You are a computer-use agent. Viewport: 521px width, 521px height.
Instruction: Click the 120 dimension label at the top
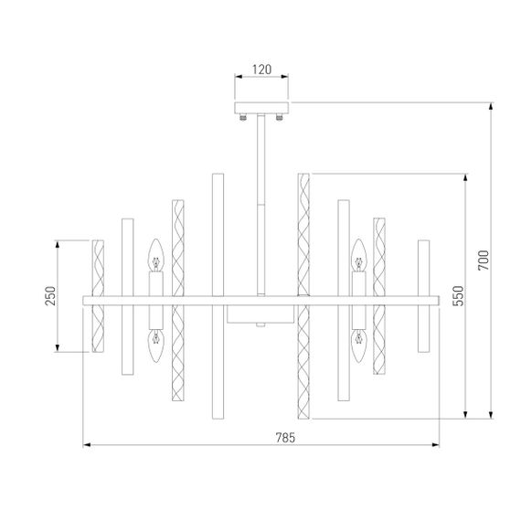coord(262,69)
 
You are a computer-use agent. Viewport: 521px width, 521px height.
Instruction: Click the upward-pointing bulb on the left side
coord(155,255)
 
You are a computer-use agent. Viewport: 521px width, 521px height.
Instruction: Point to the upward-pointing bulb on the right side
coord(359,255)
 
